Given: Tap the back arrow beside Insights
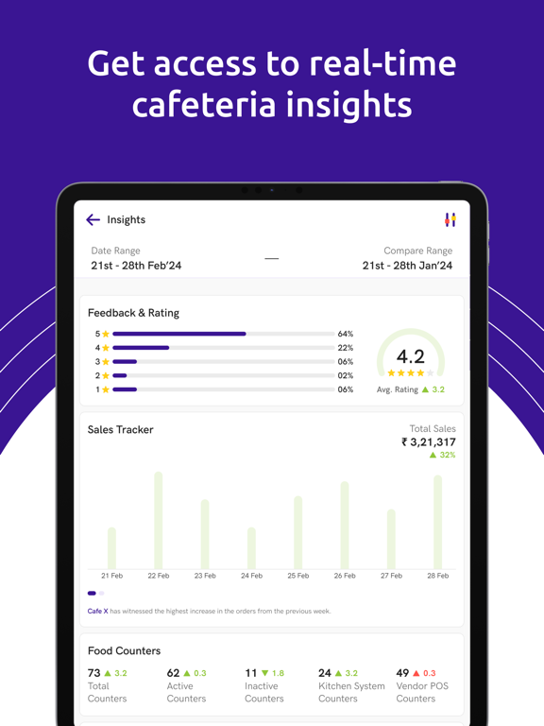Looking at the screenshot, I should click(x=93, y=220).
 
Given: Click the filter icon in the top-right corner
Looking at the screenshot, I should click(x=450, y=219).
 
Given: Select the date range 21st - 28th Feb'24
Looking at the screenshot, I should click(x=136, y=266).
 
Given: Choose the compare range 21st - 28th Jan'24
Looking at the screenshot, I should click(x=407, y=266).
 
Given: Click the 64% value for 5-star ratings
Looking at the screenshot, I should click(x=346, y=334).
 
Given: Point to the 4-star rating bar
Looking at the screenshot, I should click(x=141, y=348).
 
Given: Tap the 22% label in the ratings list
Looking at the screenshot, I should click(x=346, y=348).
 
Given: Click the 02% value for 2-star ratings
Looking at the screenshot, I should click(x=346, y=375).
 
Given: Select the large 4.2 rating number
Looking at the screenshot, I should click(x=410, y=356).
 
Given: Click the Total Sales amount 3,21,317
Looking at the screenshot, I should click(x=429, y=441).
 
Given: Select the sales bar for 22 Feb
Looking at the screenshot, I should click(x=158, y=520).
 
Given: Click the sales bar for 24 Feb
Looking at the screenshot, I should click(x=251, y=547).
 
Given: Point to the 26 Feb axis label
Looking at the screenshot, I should click(x=345, y=576).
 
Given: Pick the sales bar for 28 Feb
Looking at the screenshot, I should click(x=437, y=522).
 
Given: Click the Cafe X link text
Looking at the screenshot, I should click(x=97, y=611).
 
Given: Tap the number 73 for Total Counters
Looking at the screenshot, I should click(x=94, y=673).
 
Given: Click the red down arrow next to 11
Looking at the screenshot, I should click(x=264, y=673).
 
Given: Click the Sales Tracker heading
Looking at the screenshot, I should click(x=120, y=429).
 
